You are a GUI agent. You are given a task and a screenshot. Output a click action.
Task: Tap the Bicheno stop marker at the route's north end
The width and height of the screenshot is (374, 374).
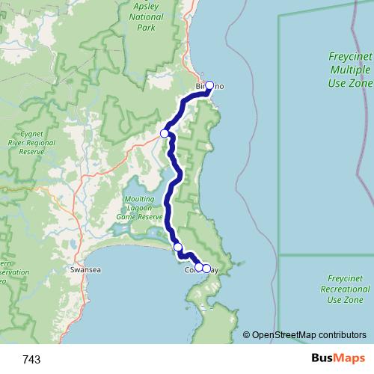(209, 85)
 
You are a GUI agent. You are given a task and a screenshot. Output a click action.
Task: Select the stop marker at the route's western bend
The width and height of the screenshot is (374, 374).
(165, 133)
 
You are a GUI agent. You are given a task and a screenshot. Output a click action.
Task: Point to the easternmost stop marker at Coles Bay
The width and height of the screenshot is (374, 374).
(206, 268)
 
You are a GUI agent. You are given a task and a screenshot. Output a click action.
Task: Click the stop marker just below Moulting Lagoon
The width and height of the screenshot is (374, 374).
(177, 247)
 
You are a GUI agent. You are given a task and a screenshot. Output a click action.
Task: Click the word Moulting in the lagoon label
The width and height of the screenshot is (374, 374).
(139, 198)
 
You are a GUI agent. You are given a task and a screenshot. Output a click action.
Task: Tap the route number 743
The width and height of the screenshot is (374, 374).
(32, 360)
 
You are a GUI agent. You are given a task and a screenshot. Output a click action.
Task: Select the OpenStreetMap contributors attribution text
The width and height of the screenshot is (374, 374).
(310, 335)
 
